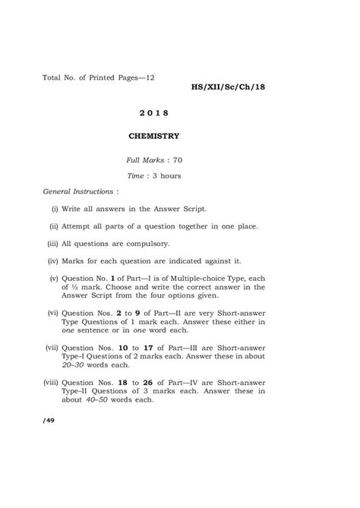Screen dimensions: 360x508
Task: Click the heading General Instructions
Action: pos(75,191)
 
